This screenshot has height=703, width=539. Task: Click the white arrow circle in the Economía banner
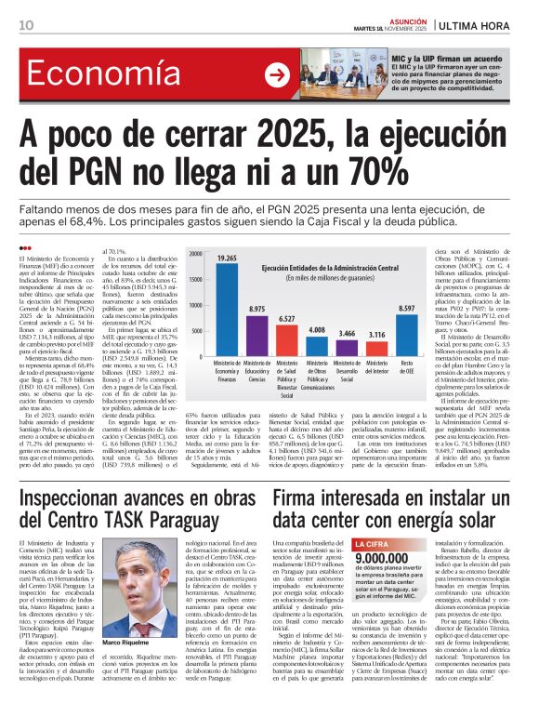276,74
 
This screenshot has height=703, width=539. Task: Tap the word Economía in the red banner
89,73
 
